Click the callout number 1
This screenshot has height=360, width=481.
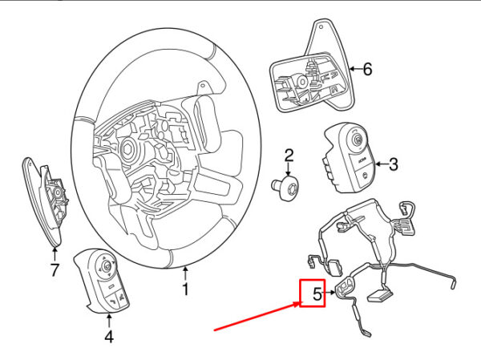point(185,289)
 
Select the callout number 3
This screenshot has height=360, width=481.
point(394,166)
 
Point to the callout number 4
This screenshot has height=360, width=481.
point(109,337)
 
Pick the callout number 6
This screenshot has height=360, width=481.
point(368,70)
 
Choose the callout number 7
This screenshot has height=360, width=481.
point(55,270)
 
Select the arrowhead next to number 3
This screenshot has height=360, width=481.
point(375,166)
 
